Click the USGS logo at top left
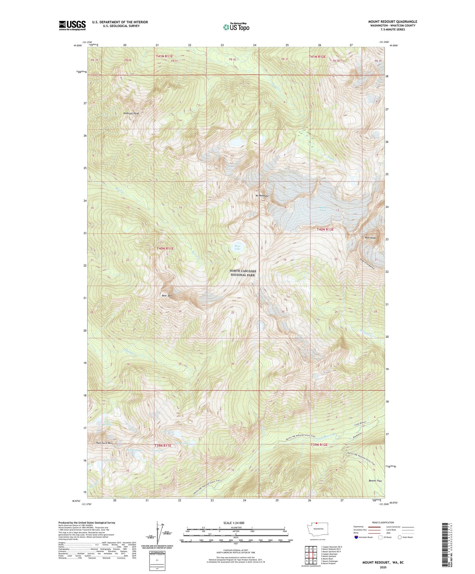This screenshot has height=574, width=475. pos(72,25)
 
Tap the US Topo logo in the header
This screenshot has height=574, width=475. pos(236,27)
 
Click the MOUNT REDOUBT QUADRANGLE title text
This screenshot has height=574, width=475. pos(392,22)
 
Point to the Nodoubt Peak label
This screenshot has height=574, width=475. pos(131,113)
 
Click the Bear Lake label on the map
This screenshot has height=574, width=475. pos(237,248)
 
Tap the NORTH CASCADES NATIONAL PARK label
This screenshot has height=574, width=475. pos(243,273)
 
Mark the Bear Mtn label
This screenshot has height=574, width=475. pos(167,296)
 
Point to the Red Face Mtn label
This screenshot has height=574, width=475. pos(105,443)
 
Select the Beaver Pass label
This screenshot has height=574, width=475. pos(375,481)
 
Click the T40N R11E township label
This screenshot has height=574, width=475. pos(165,249)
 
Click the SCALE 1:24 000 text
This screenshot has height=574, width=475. pos(234,523)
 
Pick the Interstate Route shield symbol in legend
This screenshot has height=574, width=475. pos(356,537)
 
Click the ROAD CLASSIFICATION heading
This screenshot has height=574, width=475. pos(383,522)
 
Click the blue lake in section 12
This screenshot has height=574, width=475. pos(235,142)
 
